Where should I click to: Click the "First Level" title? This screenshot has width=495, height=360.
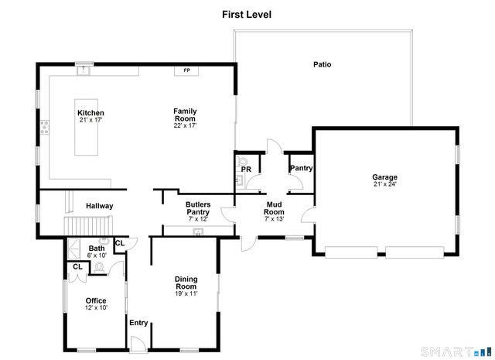247,14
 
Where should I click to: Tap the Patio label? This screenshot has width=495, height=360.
322,64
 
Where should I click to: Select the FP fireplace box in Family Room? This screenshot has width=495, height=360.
186,71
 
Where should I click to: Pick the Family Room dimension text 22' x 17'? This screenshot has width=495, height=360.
185,126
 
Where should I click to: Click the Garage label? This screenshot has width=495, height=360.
384,177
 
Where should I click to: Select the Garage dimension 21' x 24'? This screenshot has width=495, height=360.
384,185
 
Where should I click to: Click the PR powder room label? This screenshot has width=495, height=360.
246,169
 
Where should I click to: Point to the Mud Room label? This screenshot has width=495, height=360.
275,208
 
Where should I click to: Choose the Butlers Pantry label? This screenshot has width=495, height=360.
198,208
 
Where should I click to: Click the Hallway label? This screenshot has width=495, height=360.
99,206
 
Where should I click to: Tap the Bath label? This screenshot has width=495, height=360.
96,249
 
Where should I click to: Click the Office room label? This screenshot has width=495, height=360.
96,300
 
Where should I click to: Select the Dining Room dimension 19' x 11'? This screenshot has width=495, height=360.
186,294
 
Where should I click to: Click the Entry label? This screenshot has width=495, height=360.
138,323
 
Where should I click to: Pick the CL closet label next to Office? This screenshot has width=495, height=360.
77,267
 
